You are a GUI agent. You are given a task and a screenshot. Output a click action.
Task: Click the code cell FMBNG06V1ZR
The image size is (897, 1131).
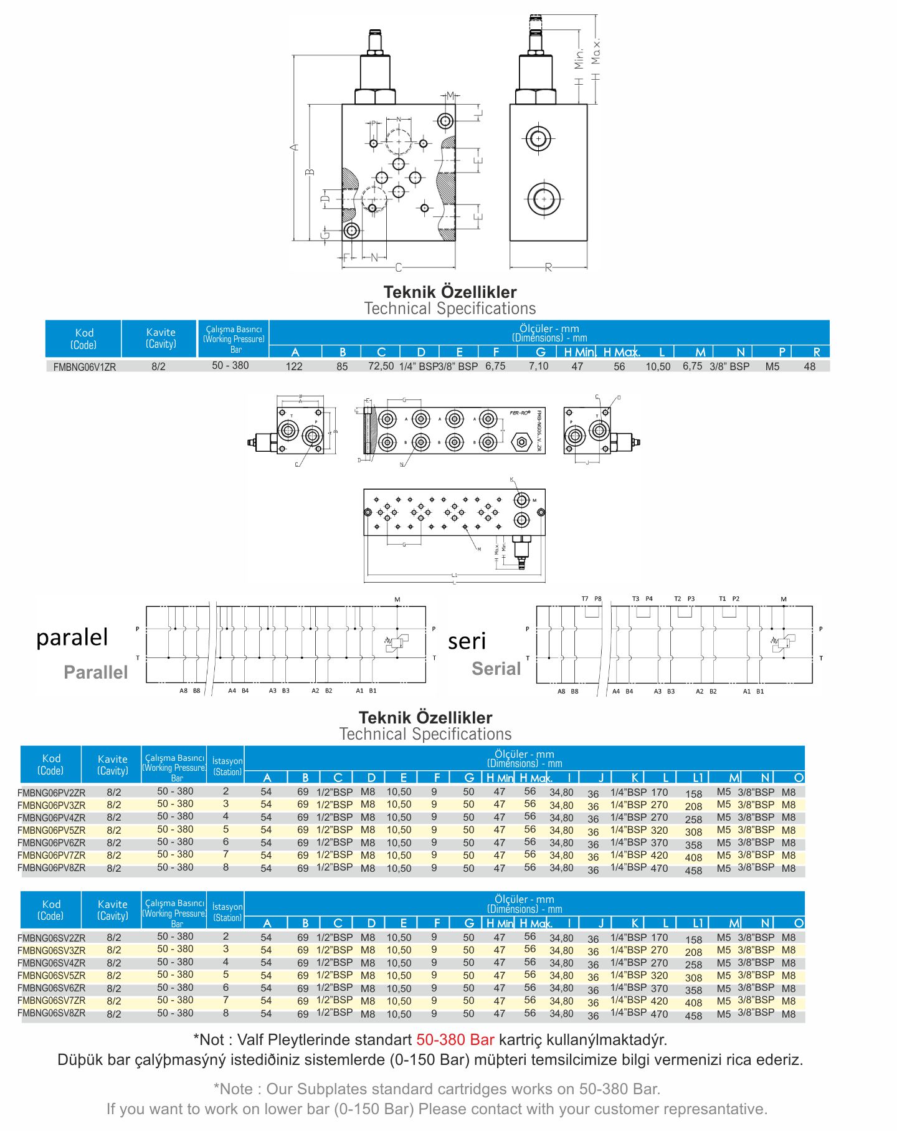click(84, 367)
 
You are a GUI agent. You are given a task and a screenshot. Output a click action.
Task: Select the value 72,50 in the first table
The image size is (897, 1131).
click(381, 366)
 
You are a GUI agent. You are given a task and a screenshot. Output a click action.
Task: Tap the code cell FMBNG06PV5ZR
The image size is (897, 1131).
click(52, 830)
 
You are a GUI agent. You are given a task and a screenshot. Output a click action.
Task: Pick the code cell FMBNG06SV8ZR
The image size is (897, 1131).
click(52, 1013)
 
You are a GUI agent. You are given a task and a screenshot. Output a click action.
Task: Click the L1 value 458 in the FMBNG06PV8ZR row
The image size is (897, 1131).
click(693, 871)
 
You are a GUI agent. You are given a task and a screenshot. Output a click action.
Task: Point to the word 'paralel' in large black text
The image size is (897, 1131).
click(72, 637)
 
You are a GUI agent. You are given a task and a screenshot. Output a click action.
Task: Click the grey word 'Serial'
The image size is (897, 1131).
click(496, 669)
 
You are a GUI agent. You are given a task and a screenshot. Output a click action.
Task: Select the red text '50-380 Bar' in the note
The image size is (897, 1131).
click(455, 1039)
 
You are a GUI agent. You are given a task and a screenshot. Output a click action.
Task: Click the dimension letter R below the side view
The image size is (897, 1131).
click(548, 267)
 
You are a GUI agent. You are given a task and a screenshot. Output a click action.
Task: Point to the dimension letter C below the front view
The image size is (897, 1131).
click(399, 267)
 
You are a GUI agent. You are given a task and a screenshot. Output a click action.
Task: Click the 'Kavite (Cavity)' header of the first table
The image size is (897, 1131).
click(161, 338)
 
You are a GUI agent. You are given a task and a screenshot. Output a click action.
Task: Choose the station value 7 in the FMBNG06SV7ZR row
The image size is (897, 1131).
click(225, 1000)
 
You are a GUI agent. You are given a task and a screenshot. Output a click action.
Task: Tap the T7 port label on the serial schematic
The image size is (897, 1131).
click(585, 599)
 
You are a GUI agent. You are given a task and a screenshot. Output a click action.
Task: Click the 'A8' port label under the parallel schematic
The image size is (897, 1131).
click(183, 690)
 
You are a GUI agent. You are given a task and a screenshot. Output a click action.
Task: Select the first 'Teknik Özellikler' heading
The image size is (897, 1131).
click(450, 292)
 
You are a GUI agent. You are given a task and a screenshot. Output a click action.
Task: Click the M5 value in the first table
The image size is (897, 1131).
click(772, 366)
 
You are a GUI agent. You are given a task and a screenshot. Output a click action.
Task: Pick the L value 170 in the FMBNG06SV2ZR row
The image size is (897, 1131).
click(659, 937)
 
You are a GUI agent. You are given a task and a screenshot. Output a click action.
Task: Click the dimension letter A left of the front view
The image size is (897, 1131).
click(295, 147)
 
